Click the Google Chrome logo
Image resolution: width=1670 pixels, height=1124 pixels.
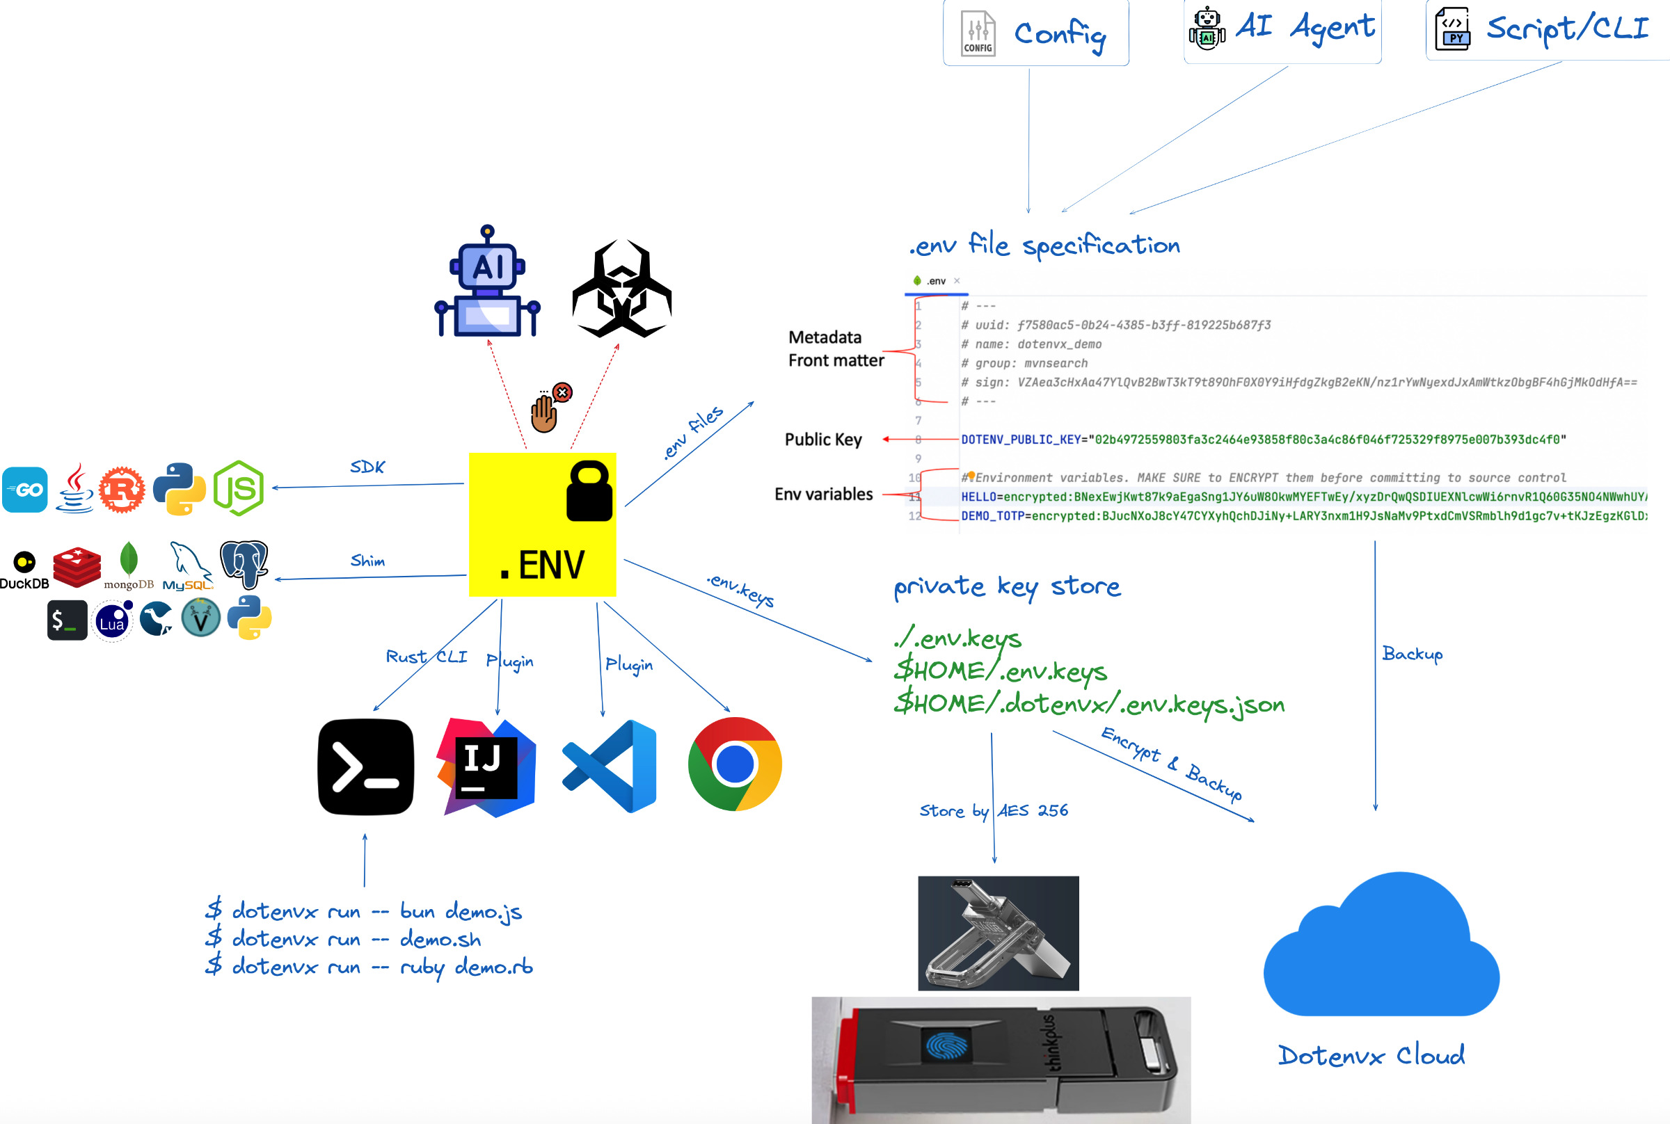[x=734, y=764]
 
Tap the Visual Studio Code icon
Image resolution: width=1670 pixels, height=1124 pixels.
[x=610, y=766]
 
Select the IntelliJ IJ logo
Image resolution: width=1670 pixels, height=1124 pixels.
[x=486, y=767]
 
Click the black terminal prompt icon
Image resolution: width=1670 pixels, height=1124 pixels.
[x=366, y=767]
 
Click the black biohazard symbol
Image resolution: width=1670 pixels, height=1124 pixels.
[x=621, y=289]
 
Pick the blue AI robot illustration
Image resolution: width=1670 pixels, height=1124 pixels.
[x=488, y=282]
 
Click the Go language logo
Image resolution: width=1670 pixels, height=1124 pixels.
[x=25, y=490]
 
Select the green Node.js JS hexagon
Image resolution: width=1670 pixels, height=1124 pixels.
[x=239, y=489]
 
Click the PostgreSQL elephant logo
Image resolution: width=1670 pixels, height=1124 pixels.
[x=244, y=563]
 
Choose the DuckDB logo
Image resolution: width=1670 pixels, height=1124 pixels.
[x=24, y=570]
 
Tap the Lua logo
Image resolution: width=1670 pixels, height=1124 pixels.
[x=113, y=622]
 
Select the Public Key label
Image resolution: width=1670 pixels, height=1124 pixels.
[x=823, y=440]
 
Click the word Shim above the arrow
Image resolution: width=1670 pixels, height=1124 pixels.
[x=368, y=561]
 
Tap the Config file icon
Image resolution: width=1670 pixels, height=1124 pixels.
[x=978, y=33]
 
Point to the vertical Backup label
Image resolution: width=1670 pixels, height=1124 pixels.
[x=1412, y=654]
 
